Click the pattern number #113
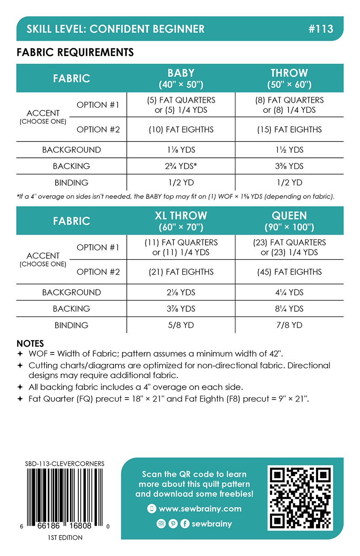(320, 29)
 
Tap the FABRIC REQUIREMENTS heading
(75, 53)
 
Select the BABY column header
(181, 78)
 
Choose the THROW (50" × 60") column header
(289, 78)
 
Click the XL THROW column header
(181, 220)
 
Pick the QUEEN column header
(289, 220)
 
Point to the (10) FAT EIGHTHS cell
(181, 130)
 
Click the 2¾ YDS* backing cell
(181, 166)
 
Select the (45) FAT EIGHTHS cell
(289, 272)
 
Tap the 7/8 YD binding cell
(289, 325)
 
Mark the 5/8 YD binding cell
(181, 325)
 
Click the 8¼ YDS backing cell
(289, 309)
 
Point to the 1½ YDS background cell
(289, 150)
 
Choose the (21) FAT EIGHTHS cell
(181, 272)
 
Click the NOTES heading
(30, 344)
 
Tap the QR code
(300, 498)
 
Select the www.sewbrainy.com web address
(200, 509)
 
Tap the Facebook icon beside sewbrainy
(184, 524)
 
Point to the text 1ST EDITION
(65, 538)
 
